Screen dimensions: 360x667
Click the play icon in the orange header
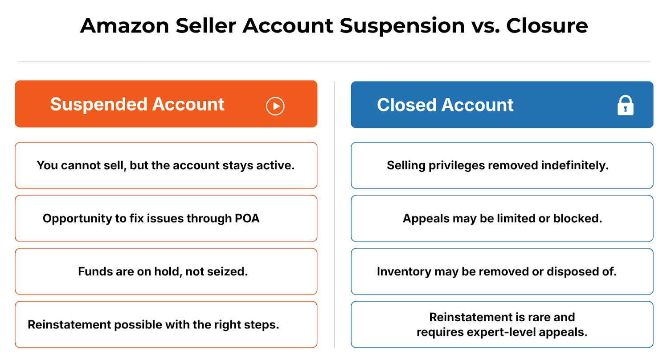pyautogui.click(x=275, y=106)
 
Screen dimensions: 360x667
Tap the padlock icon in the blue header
pyautogui.click(x=625, y=106)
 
